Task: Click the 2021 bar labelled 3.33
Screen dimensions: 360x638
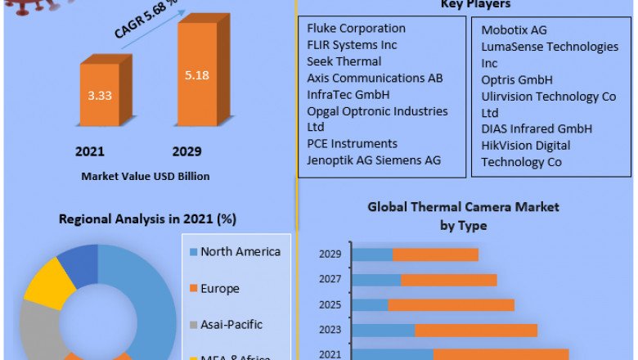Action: pos(100,95)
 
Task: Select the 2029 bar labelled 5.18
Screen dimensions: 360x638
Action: pos(198,75)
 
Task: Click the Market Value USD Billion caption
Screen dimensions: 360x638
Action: pos(145,176)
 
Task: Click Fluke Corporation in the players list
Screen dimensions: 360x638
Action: pos(356,29)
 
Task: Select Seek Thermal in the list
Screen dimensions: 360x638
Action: pos(344,61)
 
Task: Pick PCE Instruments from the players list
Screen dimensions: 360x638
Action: pos(352,144)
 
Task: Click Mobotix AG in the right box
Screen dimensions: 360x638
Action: pos(514,30)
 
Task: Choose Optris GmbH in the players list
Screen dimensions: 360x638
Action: pos(517,80)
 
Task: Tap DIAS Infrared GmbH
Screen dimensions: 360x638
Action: pos(537,129)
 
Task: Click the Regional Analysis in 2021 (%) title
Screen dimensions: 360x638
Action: pos(147,219)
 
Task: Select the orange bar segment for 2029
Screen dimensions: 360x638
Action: pos(435,254)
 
